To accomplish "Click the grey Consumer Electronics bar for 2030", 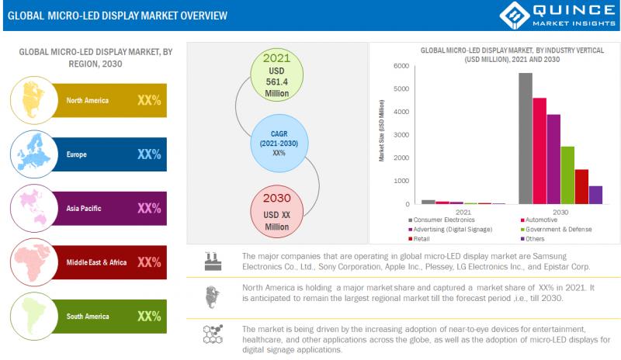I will [x=526, y=138].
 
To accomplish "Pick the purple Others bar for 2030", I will [x=595, y=195].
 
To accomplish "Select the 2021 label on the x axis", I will [x=463, y=212].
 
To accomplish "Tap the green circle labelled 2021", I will [x=276, y=75].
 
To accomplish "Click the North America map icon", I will [x=35, y=100].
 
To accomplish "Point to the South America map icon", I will [x=35, y=316].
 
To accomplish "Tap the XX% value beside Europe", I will [x=148, y=154].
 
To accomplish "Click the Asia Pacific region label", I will [x=84, y=208].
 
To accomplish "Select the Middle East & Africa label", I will [x=96, y=262].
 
